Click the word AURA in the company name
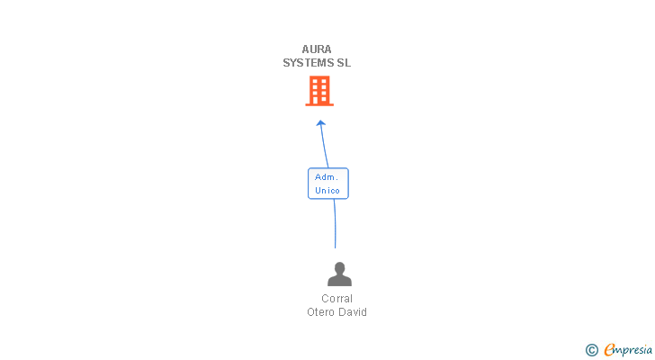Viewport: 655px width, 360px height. tap(317, 49)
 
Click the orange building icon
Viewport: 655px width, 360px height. tap(319, 91)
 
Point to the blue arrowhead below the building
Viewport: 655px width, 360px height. tap(321, 123)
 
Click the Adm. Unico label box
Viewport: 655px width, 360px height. tap(328, 184)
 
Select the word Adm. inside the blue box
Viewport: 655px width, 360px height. tap(327, 177)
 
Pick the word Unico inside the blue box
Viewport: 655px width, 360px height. tap(327, 191)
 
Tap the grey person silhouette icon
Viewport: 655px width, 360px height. tap(339, 274)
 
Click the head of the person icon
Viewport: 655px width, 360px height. tap(339, 267)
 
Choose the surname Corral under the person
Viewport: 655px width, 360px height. tap(337, 299)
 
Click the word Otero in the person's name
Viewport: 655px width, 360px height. tap(320, 312)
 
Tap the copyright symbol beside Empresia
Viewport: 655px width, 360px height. tap(592, 350)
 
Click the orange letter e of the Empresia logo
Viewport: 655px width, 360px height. tap(609, 349)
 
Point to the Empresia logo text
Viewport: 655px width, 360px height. tap(628, 350)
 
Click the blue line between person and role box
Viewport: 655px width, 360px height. tap(335, 223)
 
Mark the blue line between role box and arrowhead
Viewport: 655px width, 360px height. tap(324, 145)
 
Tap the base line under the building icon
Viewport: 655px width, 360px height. tap(319, 104)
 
